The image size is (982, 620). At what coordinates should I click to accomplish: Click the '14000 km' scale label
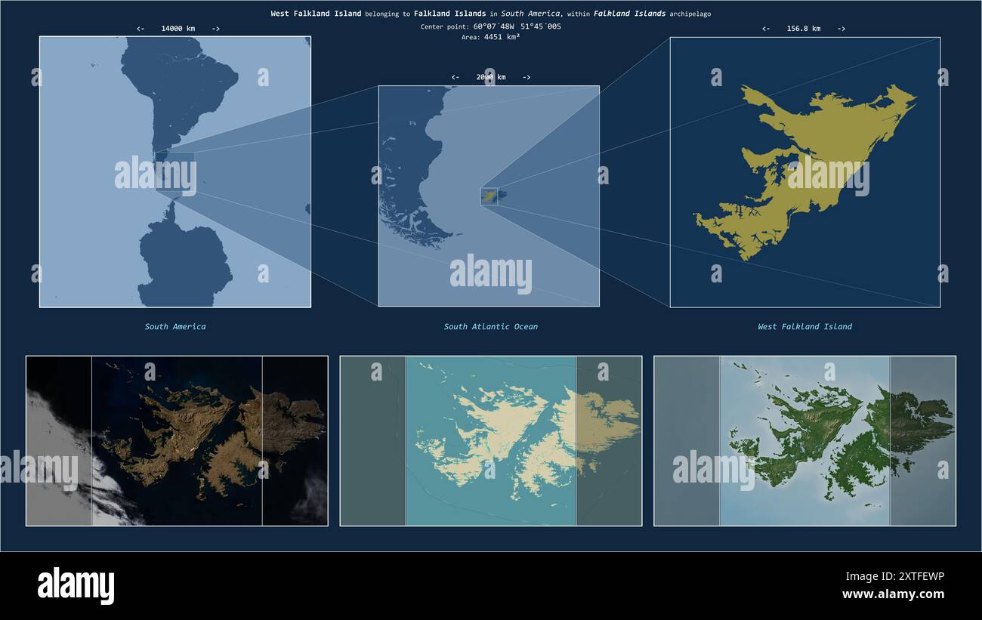178,29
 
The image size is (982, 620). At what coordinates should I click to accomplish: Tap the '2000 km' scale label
491,77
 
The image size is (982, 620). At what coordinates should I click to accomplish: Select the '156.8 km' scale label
803,29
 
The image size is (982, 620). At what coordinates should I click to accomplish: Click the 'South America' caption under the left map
175,327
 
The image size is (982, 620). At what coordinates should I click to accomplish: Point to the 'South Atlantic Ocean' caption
491,327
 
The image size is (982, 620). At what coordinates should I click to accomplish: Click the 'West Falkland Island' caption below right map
804,327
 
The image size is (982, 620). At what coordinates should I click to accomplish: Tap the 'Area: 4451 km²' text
491,36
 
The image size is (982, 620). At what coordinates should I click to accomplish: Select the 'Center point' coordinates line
491,26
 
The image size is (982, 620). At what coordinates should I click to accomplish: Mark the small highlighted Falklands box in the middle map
489,196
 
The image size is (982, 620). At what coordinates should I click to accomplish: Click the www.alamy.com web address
893,594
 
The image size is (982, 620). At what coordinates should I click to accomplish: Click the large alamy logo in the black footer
76,586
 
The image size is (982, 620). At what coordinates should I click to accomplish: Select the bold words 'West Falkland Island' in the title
316,14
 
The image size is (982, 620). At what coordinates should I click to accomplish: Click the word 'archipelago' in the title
690,14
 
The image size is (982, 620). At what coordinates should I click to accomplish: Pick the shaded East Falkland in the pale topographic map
604,415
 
